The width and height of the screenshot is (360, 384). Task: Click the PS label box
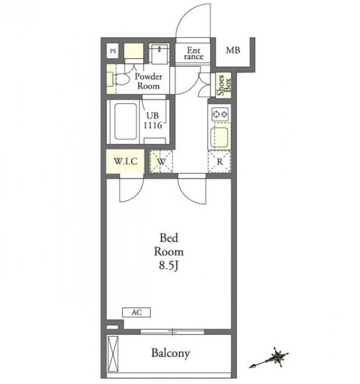(x=113, y=51)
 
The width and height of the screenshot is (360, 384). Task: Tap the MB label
(x=233, y=50)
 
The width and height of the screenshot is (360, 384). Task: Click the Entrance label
(x=193, y=53)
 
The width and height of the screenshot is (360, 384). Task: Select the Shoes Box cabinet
(x=224, y=85)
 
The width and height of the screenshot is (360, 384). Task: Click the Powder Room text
(x=149, y=81)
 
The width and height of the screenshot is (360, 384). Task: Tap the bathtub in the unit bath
(x=126, y=122)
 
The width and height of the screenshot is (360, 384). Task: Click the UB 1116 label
(x=152, y=120)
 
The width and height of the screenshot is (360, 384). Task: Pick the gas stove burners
(x=220, y=114)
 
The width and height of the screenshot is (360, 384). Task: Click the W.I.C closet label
(x=126, y=161)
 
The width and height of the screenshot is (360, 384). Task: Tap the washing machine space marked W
(x=161, y=161)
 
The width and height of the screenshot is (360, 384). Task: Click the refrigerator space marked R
(x=220, y=162)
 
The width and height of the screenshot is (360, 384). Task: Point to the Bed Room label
(x=169, y=244)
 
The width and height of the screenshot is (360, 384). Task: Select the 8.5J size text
(x=168, y=266)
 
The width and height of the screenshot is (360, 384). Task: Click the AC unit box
(x=136, y=312)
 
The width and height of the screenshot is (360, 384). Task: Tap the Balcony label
(x=170, y=353)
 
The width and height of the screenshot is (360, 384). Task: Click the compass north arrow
(x=269, y=358)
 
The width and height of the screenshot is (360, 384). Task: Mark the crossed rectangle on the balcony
(x=113, y=354)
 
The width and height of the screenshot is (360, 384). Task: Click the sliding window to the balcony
(x=172, y=332)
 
